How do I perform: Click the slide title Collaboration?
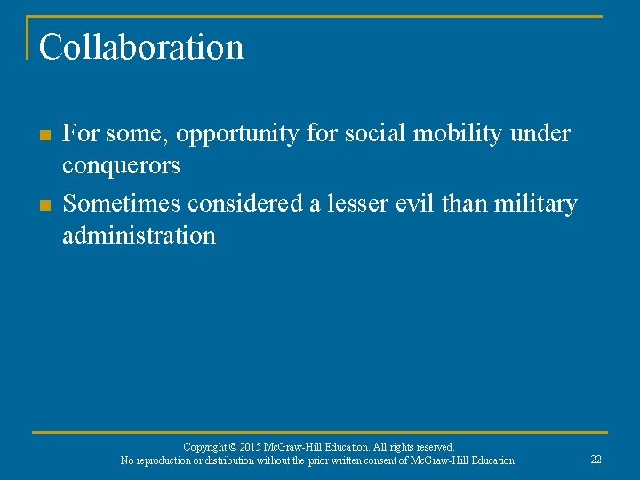(141, 47)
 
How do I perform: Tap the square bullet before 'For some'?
(45, 135)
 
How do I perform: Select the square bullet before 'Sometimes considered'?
(45, 205)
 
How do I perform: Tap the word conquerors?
(121, 166)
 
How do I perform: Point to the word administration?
(139, 236)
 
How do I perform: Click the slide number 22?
(596, 460)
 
